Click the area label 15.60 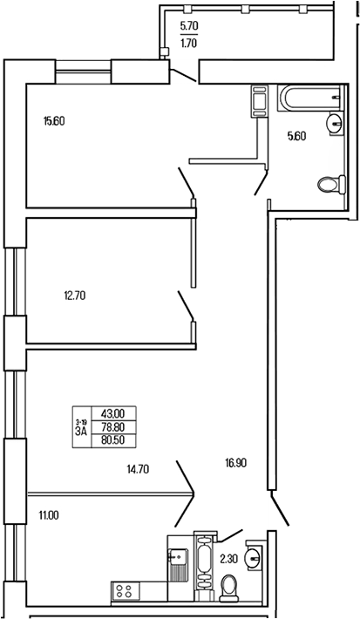pyautogui.click(x=54, y=121)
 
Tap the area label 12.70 pyautogui.click(x=74, y=296)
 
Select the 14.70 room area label pyautogui.click(x=138, y=469)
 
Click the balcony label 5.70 pyautogui.click(x=188, y=27)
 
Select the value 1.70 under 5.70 pyautogui.click(x=188, y=40)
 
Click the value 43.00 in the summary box pyautogui.click(x=113, y=414)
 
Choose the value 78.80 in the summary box pyautogui.click(x=113, y=427)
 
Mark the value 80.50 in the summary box pyautogui.click(x=113, y=440)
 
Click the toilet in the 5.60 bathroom pyautogui.click(x=330, y=185)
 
